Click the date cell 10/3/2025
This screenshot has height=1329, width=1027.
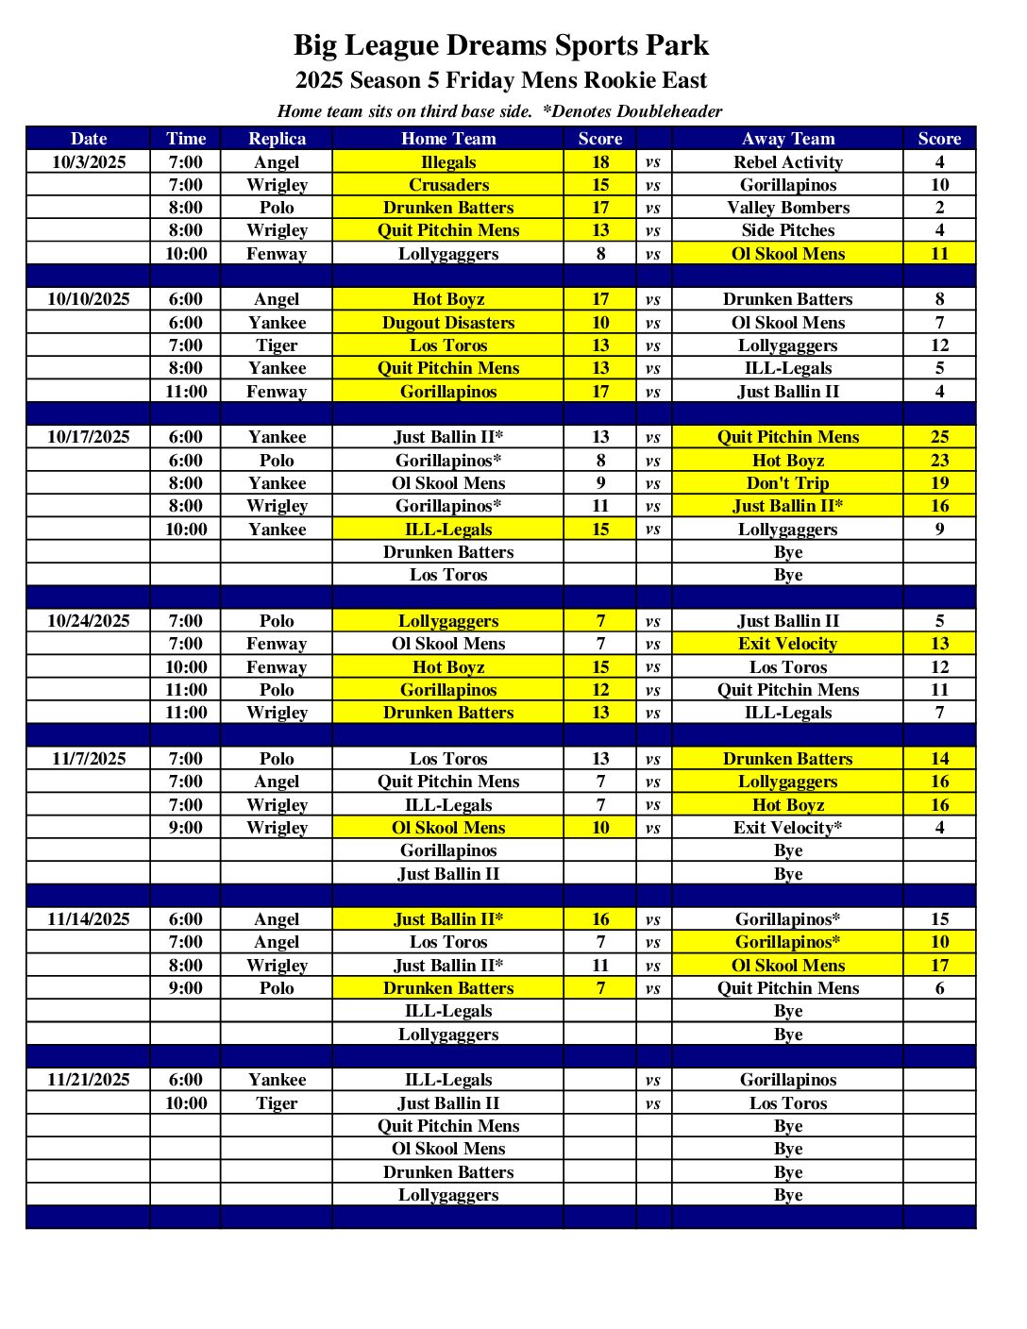click(x=89, y=161)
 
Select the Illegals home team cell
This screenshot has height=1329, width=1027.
click(x=448, y=161)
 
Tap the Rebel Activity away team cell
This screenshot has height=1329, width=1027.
click(x=787, y=161)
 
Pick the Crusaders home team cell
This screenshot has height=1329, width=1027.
click(x=448, y=185)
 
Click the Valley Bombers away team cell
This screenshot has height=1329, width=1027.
click(x=787, y=208)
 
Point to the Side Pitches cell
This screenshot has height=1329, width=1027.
click(x=787, y=230)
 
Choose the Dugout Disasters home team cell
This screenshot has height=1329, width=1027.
click(x=448, y=323)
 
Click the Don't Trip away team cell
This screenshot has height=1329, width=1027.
click(x=787, y=483)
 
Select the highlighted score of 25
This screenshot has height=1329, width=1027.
click(x=939, y=437)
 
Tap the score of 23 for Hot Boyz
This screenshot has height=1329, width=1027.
click(x=939, y=461)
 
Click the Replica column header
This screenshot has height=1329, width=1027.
click(x=277, y=139)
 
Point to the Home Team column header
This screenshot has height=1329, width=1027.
click(x=448, y=139)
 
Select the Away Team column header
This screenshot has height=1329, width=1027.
click(x=787, y=139)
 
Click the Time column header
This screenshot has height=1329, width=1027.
click(x=186, y=139)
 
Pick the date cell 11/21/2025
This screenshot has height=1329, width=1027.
click(x=89, y=1080)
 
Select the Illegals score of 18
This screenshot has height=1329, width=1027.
click(x=600, y=161)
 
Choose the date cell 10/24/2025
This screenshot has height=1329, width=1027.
click(x=89, y=621)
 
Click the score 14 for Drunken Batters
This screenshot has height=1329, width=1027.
click(x=939, y=759)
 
